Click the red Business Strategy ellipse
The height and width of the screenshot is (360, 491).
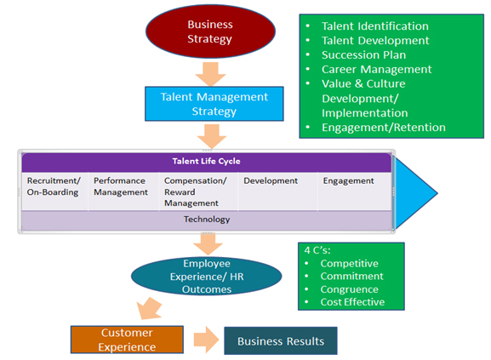click(x=209, y=31)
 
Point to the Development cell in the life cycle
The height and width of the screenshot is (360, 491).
click(x=271, y=181)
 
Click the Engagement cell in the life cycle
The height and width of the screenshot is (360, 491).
click(x=348, y=181)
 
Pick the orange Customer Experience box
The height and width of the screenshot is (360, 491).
click(x=127, y=340)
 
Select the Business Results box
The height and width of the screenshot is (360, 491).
click(x=281, y=341)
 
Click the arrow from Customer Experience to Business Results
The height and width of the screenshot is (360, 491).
click(x=205, y=341)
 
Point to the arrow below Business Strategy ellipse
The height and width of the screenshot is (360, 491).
click(x=209, y=71)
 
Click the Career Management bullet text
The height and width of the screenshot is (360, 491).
click(x=376, y=69)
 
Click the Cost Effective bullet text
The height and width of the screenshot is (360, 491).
click(x=352, y=302)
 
